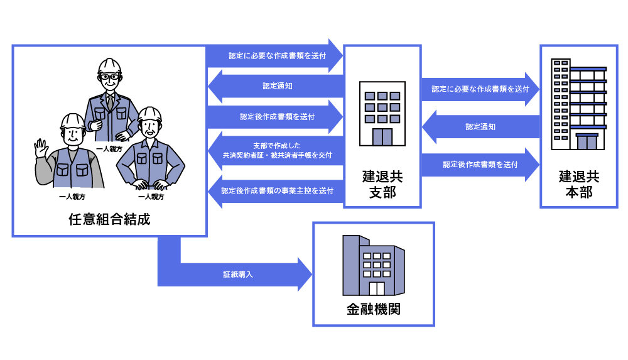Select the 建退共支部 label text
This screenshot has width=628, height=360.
[x=382, y=185]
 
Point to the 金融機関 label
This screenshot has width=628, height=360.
[x=373, y=309]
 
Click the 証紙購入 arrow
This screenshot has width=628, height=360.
[x=239, y=275]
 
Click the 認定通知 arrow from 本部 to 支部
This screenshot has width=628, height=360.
[x=480, y=127]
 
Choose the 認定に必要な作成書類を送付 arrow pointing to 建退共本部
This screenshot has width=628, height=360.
[x=480, y=89]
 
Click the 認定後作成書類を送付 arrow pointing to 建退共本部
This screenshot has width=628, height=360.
[x=480, y=165]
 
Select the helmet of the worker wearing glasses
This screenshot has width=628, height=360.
[x=109, y=66]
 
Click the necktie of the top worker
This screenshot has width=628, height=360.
[x=111, y=101]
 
